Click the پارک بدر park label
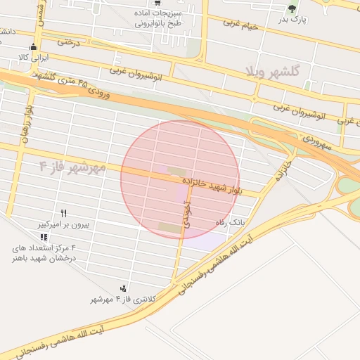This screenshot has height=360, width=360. tap(292, 19)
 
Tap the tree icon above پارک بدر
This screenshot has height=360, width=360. tap(292, 8)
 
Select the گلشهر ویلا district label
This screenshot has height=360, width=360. tap(273, 72)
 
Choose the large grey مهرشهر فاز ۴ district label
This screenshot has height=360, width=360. tap(72, 167)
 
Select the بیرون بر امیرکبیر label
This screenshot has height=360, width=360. tap(62, 225)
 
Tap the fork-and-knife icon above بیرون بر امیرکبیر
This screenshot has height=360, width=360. tap(63, 212)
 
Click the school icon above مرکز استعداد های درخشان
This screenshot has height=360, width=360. tap(44, 238)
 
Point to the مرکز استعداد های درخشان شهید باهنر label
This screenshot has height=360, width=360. tap(43, 254)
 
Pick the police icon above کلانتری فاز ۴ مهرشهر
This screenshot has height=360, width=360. tap(124, 288)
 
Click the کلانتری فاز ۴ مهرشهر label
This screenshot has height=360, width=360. tap(122, 300)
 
